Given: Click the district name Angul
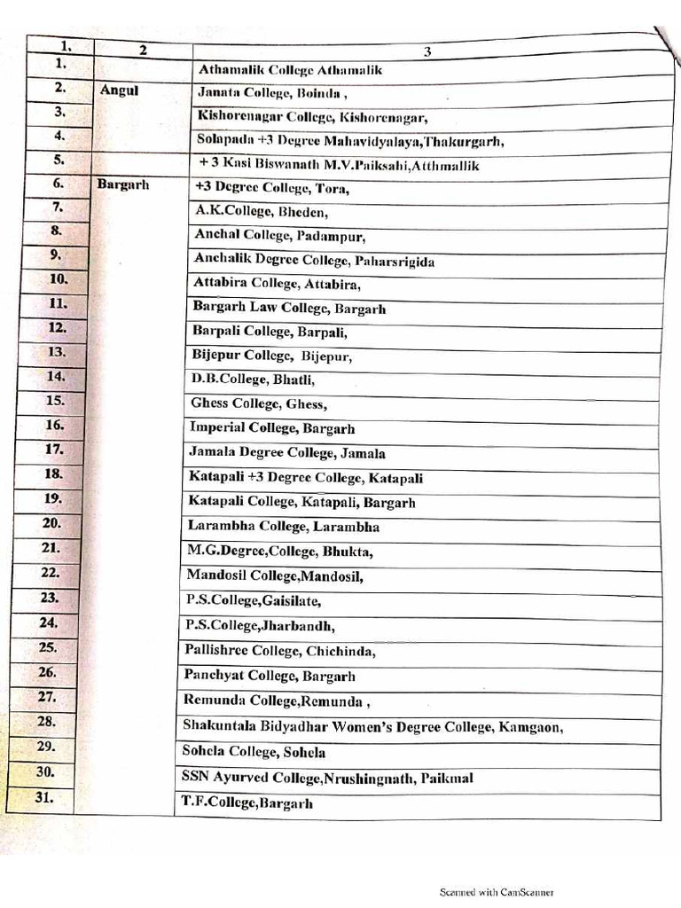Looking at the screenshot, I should [121, 90].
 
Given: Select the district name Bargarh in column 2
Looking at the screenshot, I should [122, 185].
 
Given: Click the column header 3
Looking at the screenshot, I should [427, 51].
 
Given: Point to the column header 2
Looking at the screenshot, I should [143, 50].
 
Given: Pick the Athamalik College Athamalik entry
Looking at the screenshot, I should [290, 69].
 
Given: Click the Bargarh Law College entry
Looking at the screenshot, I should [289, 309].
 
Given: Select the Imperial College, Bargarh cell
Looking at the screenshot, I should [272, 428].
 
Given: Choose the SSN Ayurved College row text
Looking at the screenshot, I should [327, 779].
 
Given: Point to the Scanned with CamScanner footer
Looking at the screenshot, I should [497, 893].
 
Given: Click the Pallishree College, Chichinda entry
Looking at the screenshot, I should [280, 651].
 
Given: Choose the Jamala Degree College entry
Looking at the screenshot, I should [275, 453].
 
